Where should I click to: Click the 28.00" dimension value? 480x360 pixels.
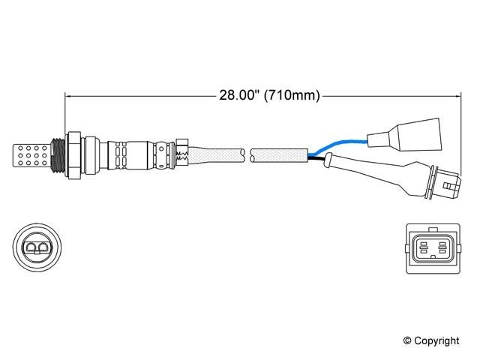(235, 95)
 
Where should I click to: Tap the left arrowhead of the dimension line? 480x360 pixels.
(69, 95)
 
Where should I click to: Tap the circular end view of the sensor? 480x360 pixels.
(36, 247)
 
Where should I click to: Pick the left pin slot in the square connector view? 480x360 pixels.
(424, 245)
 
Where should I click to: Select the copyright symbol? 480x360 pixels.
(408, 341)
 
